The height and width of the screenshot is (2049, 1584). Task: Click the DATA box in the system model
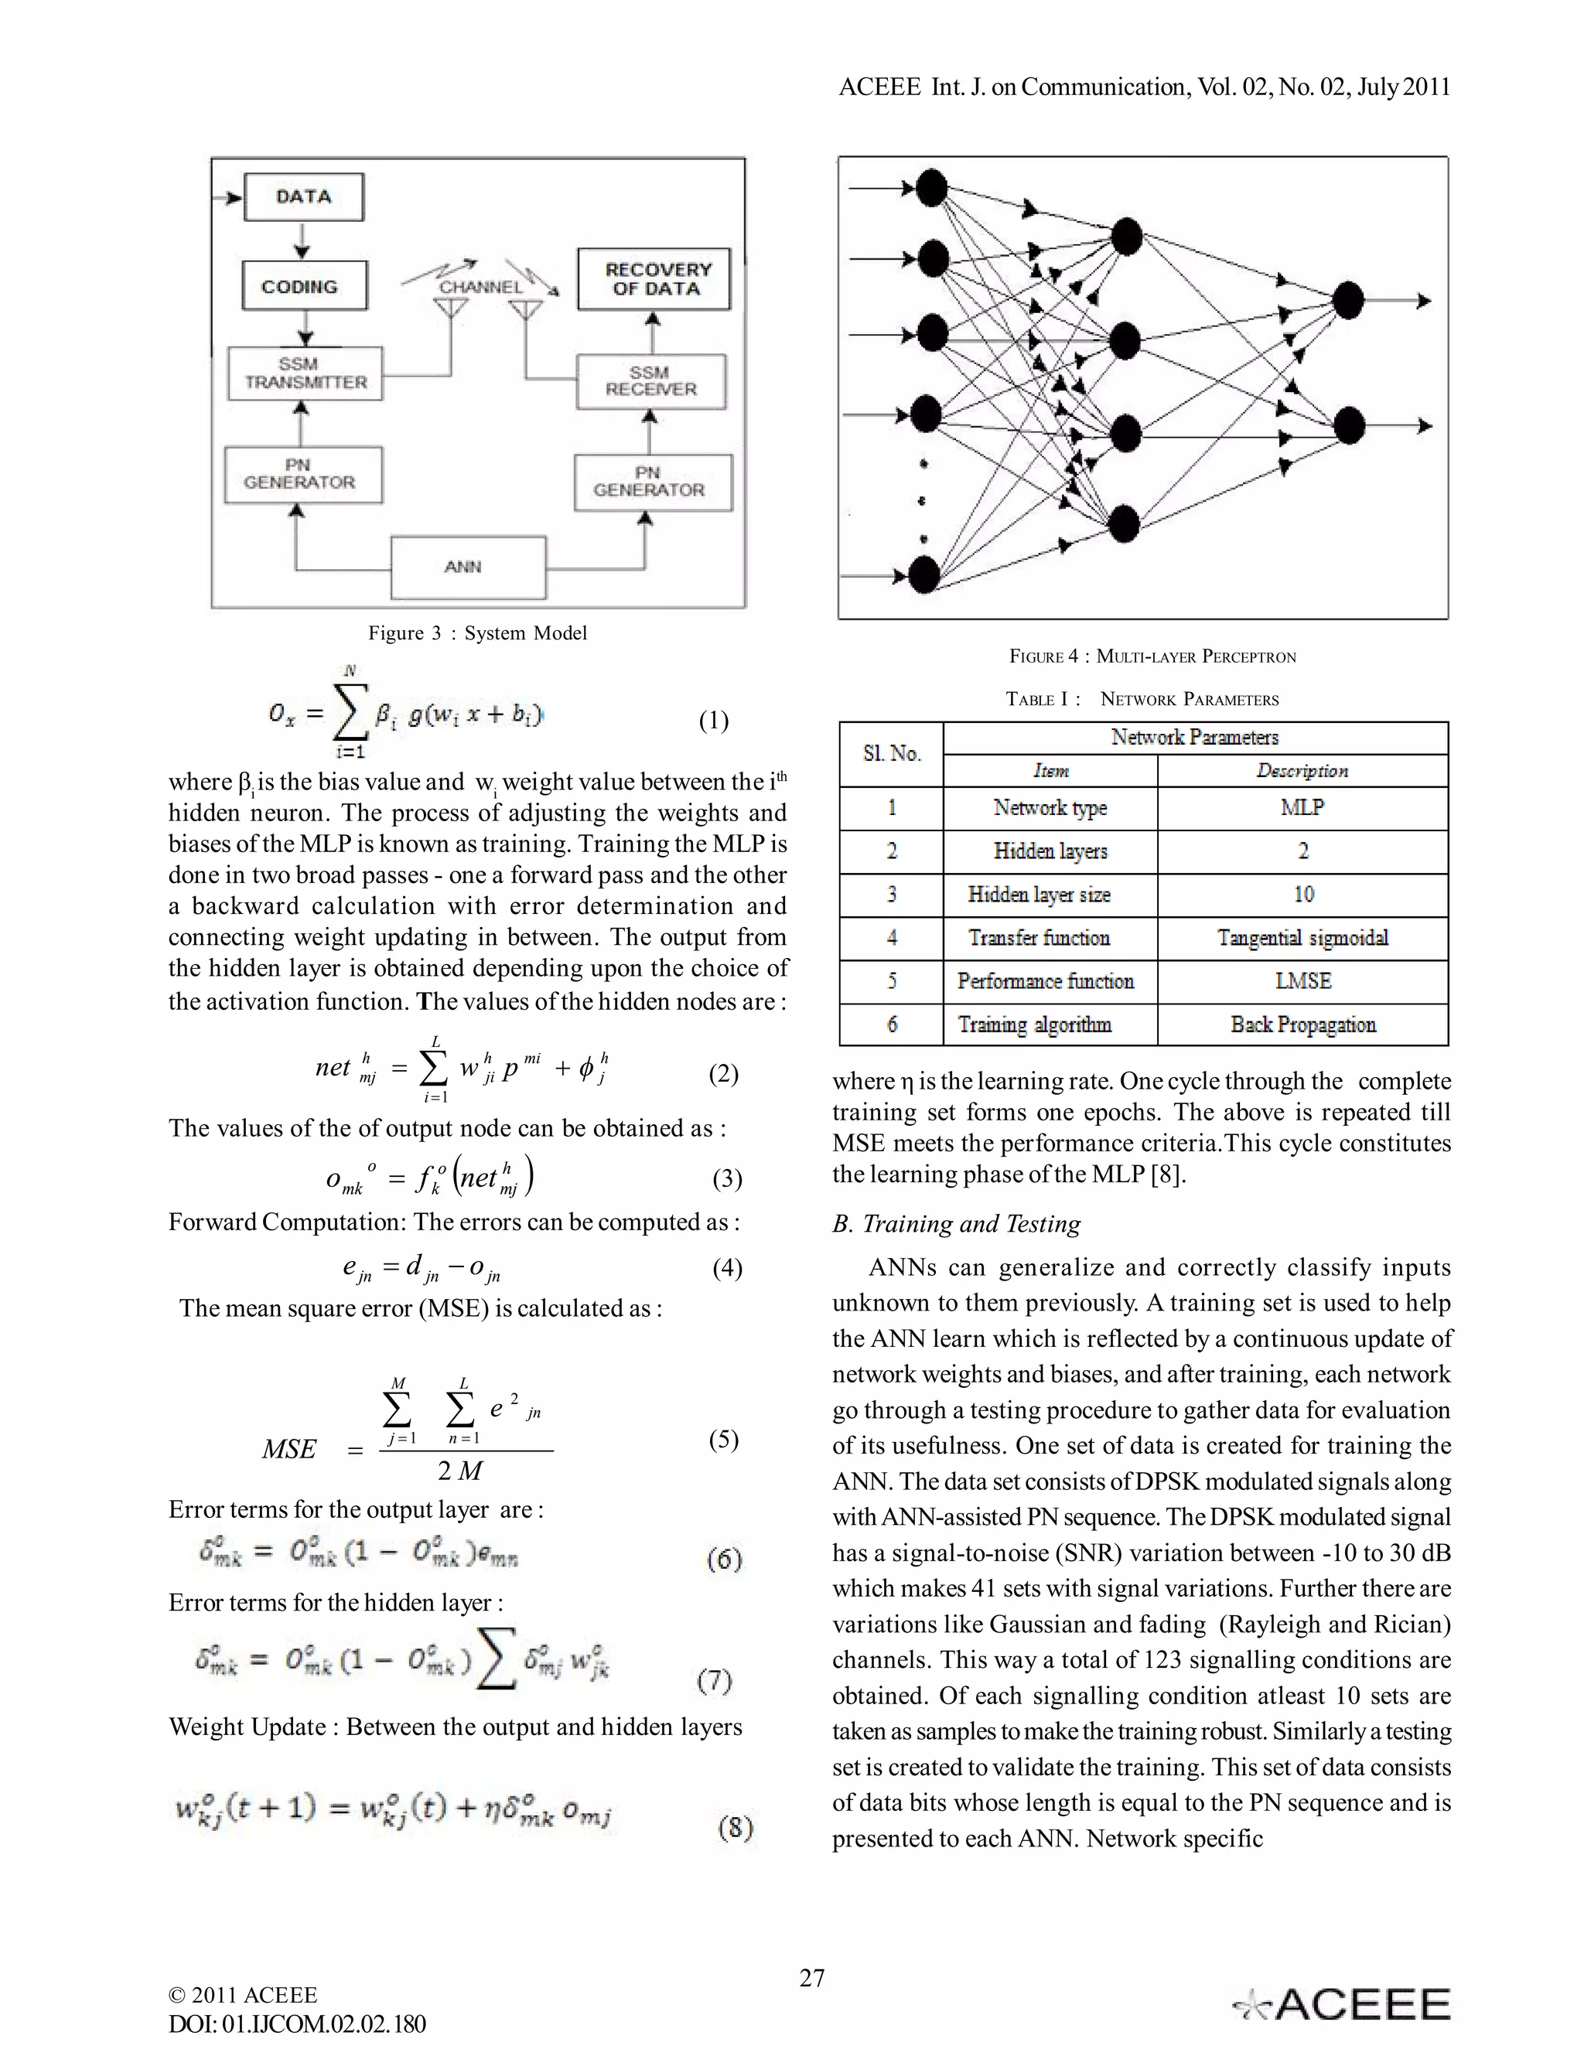pyautogui.click(x=303, y=197)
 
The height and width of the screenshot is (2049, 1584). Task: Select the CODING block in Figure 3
pyautogui.click(x=304, y=286)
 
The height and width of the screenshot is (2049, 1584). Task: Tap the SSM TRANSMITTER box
pyautogui.click(x=305, y=373)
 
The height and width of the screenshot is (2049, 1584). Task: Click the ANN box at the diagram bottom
pyautogui.click(x=467, y=567)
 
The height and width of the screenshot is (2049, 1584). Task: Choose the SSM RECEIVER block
pyautogui.click(x=650, y=381)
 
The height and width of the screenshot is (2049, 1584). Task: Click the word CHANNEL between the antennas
pyautogui.click(x=480, y=287)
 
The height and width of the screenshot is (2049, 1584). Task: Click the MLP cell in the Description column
pyautogui.click(x=1302, y=808)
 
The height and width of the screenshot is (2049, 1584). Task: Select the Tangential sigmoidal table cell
pyautogui.click(x=1302, y=938)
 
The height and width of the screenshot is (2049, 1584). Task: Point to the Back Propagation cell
pyautogui.click(x=1302, y=1024)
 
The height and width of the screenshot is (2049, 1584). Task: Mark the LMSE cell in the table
pyautogui.click(x=1302, y=981)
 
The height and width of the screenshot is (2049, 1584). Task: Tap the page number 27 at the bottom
pyautogui.click(x=811, y=1979)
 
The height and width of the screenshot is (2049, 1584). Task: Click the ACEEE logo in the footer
pyautogui.click(x=1342, y=2005)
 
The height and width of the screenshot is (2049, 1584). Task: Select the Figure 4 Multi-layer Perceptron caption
pyautogui.click(x=1152, y=656)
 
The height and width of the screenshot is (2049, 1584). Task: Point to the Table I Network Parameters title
pyautogui.click(x=1142, y=699)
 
